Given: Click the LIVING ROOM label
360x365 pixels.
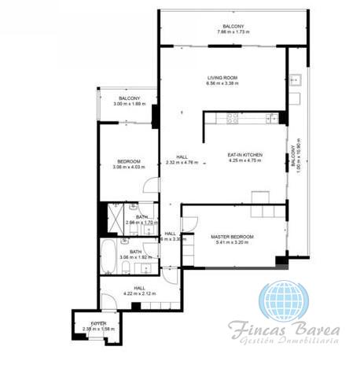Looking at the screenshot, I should point(222,78).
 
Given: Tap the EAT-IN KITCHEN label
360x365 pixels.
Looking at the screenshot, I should point(244,155).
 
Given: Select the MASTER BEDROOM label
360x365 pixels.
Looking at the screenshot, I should point(234,236).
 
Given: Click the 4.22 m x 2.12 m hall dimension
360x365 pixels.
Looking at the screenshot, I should point(139,294).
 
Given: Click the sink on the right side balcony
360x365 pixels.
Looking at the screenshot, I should point(295,79).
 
